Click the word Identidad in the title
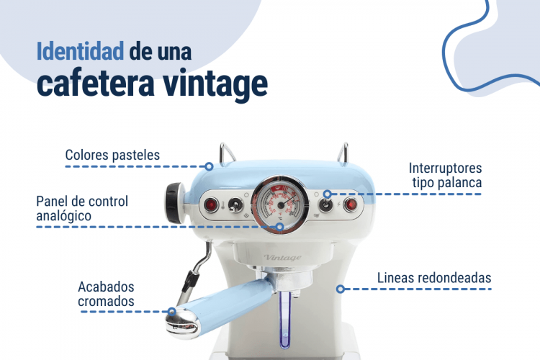80,51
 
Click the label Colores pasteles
112,155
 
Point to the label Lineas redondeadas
434,278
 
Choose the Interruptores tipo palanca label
445,176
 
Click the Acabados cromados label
106,294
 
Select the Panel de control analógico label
82,208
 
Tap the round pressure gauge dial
280,204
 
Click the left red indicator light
210,205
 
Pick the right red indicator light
350,204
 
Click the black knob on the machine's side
174,203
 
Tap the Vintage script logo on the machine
282,257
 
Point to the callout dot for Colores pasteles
209,166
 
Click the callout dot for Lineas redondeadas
341,289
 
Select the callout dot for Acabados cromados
171,312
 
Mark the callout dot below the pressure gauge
280,227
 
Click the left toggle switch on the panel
235,205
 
